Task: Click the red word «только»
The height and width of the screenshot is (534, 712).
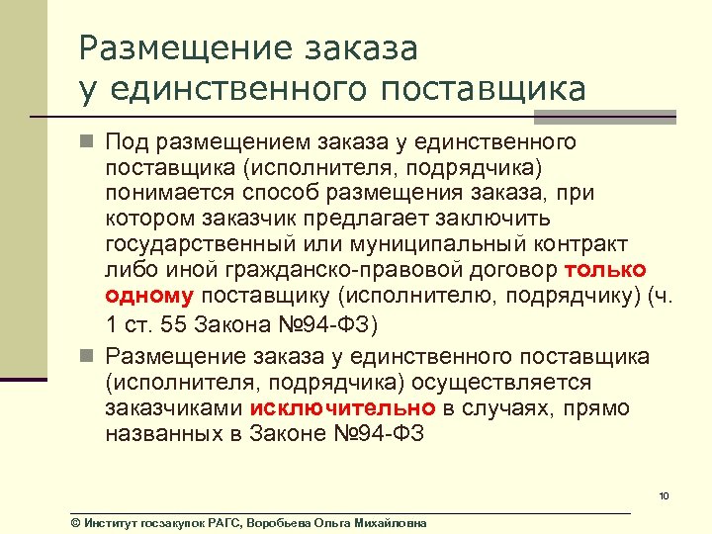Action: [x=605, y=270]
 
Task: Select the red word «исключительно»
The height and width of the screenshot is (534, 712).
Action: [x=342, y=407]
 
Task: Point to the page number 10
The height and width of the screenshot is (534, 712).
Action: [x=664, y=495]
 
